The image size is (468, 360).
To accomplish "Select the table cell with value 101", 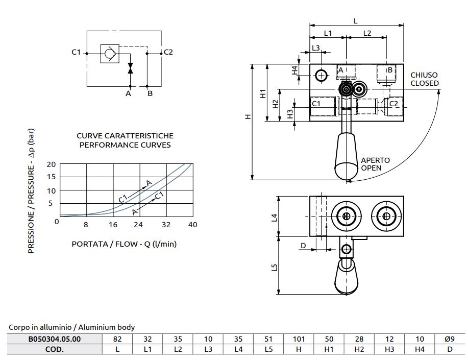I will click(x=299, y=339).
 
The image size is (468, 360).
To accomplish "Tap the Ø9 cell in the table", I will click(x=449, y=339).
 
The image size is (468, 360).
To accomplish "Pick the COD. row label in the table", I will click(x=53, y=350).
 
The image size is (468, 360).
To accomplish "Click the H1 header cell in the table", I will click(x=329, y=350).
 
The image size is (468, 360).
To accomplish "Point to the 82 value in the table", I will click(x=117, y=339).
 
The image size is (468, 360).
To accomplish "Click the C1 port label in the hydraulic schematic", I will click(x=77, y=52).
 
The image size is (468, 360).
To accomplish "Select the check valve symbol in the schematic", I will click(x=108, y=53).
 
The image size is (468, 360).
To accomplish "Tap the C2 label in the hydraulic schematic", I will click(x=168, y=52).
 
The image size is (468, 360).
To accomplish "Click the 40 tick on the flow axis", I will click(x=192, y=225).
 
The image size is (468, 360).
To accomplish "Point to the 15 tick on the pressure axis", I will click(x=51, y=177).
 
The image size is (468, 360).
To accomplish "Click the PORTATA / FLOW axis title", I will click(x=124, y=244).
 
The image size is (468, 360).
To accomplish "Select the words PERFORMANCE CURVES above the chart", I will click(x=125, y=145).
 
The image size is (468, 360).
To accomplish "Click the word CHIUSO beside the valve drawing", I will click(x=424, y=75).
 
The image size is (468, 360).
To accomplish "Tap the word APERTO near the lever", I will click(x=375, y=160).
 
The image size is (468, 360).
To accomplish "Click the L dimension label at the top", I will click(x=356, y=20).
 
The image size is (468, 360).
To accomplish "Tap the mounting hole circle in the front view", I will click(x=321, y=76).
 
